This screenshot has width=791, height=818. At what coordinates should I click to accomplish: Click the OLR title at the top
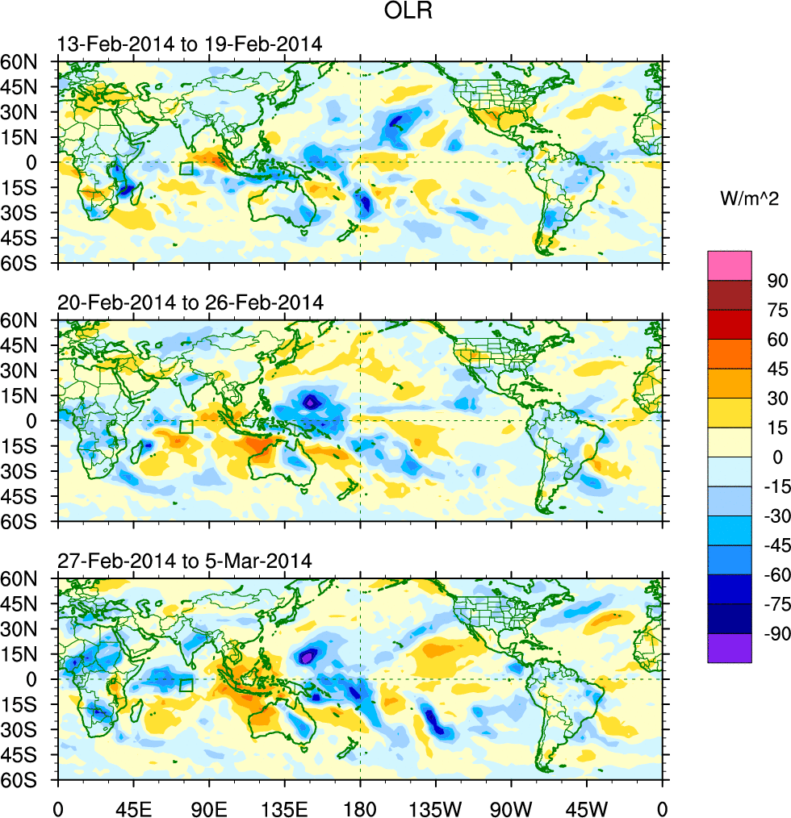[x=395, y=14]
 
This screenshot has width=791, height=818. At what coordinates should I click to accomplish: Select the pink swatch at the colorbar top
[x=729, y=265]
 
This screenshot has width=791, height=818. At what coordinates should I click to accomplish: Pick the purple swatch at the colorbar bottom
[x=729, y=648]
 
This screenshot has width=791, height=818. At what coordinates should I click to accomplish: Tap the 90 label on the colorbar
[x=777, y=281]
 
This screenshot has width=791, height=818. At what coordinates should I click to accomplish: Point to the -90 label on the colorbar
[x=774, y=634]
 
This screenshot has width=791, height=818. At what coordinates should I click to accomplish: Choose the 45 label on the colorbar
[x=777, y=369]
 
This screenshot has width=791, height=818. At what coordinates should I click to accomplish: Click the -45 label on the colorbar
[x=774, y=545]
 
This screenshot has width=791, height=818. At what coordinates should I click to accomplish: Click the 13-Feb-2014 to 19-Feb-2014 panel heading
[x=190, y=44]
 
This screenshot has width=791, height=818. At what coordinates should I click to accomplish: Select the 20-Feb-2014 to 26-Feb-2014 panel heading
[x=190, y=303]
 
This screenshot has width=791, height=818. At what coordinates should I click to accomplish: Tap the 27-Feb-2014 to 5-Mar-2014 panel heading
[x=185, y=561]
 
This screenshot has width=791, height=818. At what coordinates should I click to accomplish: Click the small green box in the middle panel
[x=186, y=427]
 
